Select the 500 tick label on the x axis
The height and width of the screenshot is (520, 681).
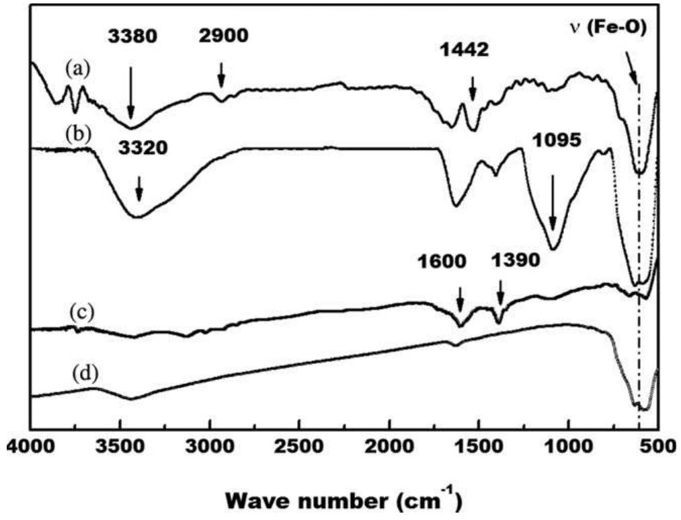[657, 447]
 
